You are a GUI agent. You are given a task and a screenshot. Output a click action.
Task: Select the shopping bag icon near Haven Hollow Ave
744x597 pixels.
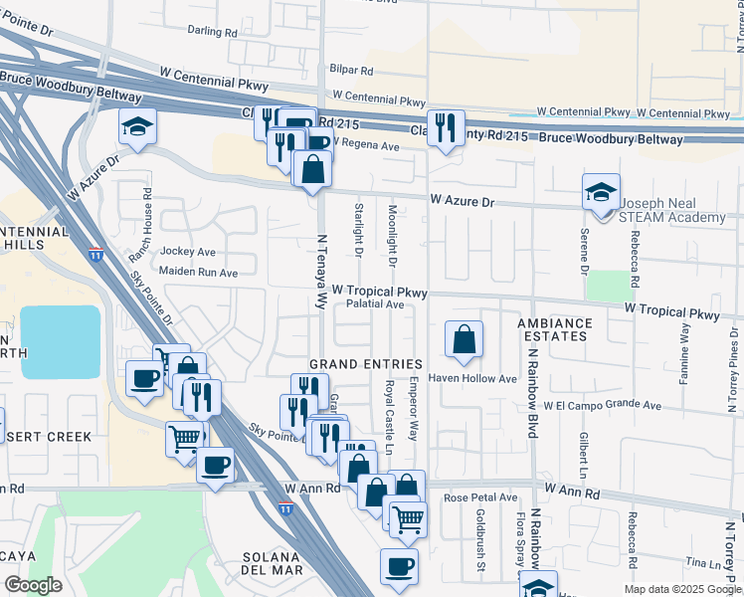(x=464, y=340)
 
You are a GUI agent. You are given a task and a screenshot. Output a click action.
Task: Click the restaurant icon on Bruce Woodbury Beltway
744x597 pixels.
(x=446, y=126)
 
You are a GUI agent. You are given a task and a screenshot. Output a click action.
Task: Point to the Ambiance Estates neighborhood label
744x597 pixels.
(x=554, y=330)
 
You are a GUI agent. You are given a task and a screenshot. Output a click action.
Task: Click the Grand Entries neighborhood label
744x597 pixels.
(x=366, y=364)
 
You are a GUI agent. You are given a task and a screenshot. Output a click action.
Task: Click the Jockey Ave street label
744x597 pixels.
(x=187, y=252)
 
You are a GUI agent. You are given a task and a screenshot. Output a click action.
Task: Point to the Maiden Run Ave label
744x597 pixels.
(x=199, y=272)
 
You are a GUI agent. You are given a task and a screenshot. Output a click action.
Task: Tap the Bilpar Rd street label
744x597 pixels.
(x=353, y=72)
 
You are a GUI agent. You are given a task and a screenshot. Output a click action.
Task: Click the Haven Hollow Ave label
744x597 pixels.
(x=472, y=379)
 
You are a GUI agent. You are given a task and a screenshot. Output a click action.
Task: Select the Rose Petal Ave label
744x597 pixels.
(x=481, y=497)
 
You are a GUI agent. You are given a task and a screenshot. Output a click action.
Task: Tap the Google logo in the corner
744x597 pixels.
(x=33, y=585)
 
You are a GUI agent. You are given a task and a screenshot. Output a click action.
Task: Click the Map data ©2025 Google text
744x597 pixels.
(x=681, y=589)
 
